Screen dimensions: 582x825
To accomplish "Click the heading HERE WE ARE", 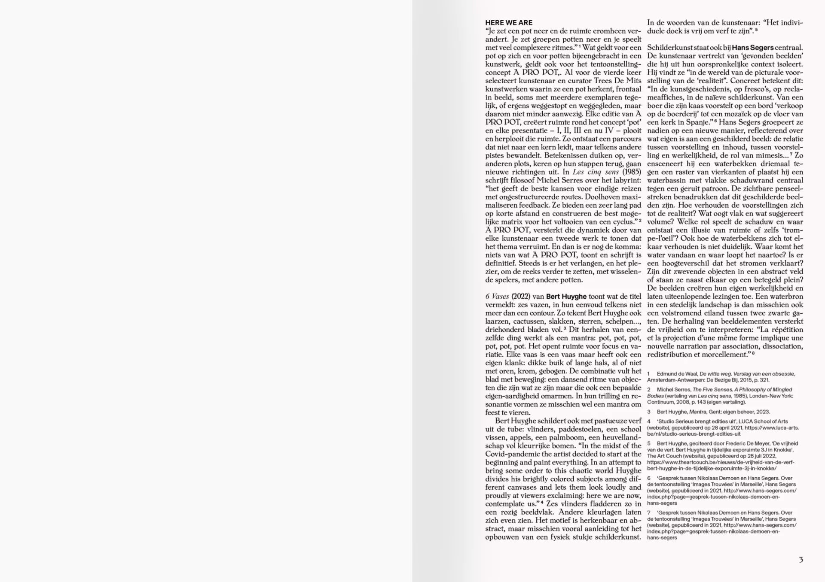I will coord(509,23).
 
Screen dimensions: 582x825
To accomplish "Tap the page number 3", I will coord(801,560).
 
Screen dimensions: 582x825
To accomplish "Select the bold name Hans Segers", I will coord(752,48).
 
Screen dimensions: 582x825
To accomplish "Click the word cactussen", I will coord(528,321).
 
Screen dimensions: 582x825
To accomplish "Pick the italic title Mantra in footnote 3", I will coord(698,412).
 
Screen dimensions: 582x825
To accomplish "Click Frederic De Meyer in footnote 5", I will coord(743,443).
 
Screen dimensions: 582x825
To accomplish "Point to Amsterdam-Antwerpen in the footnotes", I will coord(672,380).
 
